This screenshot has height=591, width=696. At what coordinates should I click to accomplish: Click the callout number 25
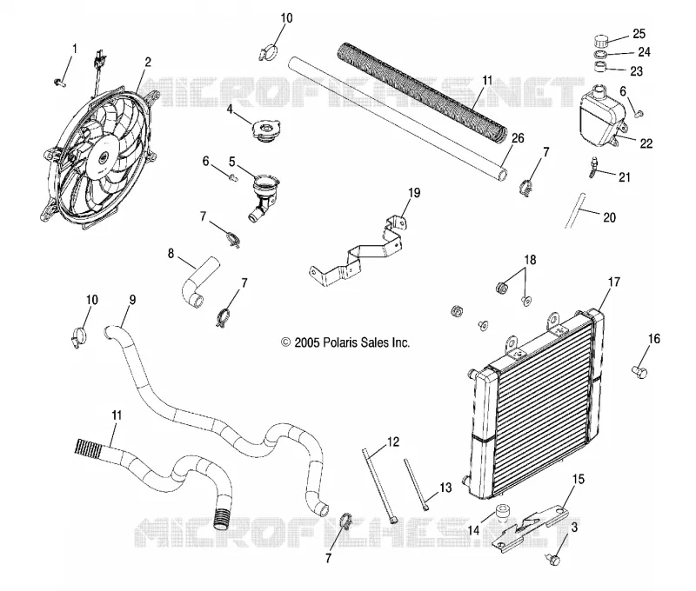[x=639, y=34]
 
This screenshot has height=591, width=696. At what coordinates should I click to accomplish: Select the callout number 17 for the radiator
[x=613, y=282]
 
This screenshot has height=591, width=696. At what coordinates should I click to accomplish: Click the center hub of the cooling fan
[x=103, y=157]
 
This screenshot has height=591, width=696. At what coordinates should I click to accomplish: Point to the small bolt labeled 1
[x=59, y=82]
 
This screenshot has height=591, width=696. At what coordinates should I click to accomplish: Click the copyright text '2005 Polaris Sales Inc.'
[x=345, y=342]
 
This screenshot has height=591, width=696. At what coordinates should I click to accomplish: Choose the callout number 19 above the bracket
[x=414, y=193]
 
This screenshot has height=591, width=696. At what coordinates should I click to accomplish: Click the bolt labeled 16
[x=639, y=371]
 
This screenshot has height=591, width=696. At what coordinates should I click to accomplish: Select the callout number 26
[x=518, y=138]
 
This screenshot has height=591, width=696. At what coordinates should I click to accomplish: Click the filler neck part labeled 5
[x=264, y=196]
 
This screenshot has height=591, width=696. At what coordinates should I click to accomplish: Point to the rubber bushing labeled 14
[x=503, y=512]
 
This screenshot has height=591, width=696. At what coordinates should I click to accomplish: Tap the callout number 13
[x=445, y=488]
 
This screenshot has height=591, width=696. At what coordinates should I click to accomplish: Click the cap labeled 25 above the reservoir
[x=601, y=42]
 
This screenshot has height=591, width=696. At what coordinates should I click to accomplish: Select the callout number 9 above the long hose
[x=132, y=300]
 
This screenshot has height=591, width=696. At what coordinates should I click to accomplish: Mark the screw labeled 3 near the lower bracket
[x=553, y=559]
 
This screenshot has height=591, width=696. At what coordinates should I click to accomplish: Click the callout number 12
[x=393, y=442]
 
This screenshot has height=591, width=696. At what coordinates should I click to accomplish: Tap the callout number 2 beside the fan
[x=148, y=62]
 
